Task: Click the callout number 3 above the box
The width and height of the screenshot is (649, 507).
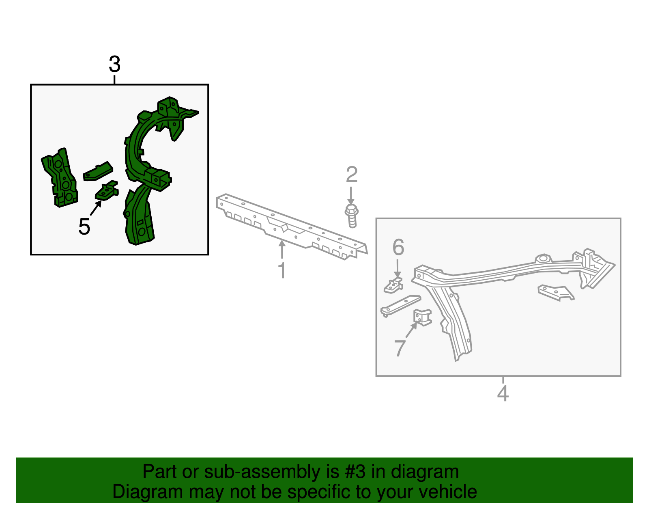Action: coord(115,64)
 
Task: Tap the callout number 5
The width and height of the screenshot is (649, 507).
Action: coord(84,227)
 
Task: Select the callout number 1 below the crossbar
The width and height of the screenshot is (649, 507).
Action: coord(282,270)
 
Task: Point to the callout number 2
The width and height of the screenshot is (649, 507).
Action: coord(352,175)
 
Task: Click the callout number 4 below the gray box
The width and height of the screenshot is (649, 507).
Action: coord(503,393)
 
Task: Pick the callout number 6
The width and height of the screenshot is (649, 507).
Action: coord(398,247)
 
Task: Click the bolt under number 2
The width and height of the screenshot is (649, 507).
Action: coord(352,216)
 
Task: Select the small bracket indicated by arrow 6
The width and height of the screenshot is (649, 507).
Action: coord(393,285)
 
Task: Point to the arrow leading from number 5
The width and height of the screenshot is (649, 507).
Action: coord(96,208)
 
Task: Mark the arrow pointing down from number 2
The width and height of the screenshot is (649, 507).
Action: coord(351,196)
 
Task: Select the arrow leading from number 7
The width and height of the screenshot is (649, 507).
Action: coord(411,330)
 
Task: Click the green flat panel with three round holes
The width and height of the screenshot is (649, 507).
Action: coord(60,178)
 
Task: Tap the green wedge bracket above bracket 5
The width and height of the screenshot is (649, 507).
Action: coord(98,171)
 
